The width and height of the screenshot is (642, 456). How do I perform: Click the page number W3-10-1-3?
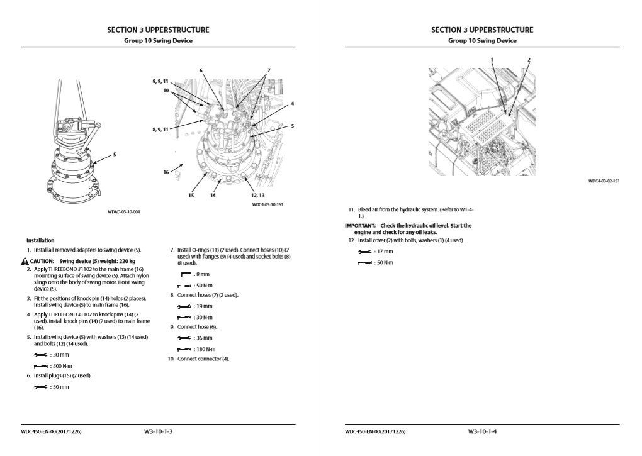pos(158,431)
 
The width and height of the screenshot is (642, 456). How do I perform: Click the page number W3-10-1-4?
pos(482,431)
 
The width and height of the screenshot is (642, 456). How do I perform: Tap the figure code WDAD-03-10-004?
pos(124,212)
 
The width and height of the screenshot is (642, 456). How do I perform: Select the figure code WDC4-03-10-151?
pos(267,204)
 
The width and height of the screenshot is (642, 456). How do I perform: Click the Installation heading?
pos(40,240)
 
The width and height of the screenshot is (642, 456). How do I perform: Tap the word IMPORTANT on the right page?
pos(360,225)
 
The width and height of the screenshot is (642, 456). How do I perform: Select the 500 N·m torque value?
pos(59,365)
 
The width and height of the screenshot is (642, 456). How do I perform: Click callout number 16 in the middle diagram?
pos(166,171)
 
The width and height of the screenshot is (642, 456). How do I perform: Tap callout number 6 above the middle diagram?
pos(201,70)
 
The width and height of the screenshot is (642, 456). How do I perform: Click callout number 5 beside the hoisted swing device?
pos(115,154)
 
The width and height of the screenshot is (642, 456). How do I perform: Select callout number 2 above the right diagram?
pos(529,59)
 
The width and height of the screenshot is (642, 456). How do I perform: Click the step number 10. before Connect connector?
pos(171,359)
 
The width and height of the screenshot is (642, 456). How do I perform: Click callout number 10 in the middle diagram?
pos(166,91)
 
